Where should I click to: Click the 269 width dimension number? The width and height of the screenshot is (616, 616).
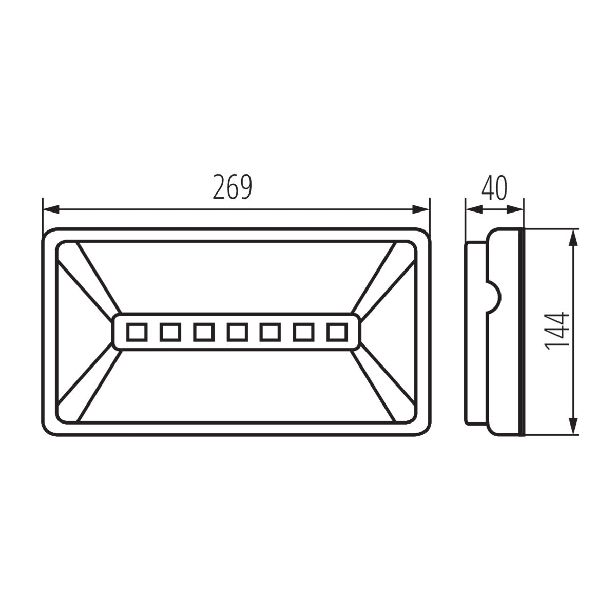click(x=233, y=187)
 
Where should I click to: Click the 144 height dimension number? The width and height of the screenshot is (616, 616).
click(x=557, y=331)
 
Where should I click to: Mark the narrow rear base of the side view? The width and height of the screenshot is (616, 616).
click(x=475, y=331)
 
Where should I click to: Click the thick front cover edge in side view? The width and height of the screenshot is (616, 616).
click(x=522, y=331)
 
